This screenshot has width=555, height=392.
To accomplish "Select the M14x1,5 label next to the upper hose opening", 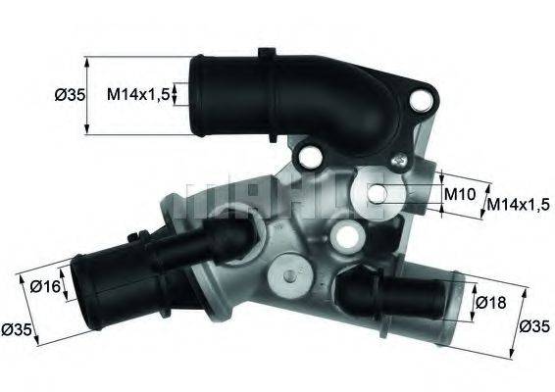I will click(x=140, y=94).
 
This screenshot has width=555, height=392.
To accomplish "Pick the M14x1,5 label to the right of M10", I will click(x=519, y=206).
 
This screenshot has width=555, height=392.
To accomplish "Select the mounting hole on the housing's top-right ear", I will click(x=425, y=98).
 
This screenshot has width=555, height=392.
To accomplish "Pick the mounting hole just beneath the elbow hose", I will click(x=311, y=155).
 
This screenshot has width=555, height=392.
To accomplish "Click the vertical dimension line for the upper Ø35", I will click(x=87, y=95).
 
